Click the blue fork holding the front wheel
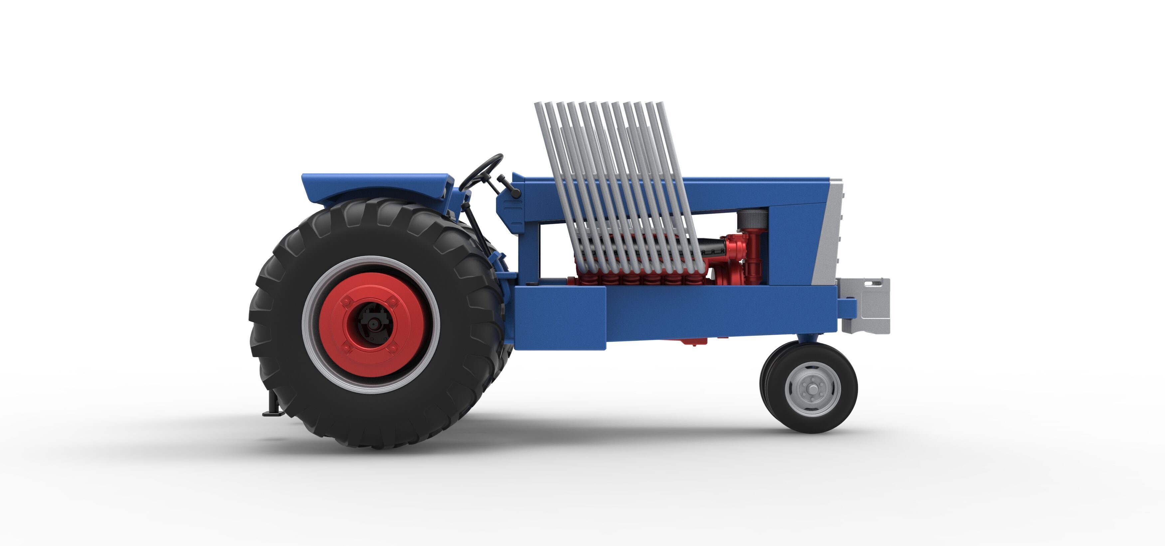point(807,337)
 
